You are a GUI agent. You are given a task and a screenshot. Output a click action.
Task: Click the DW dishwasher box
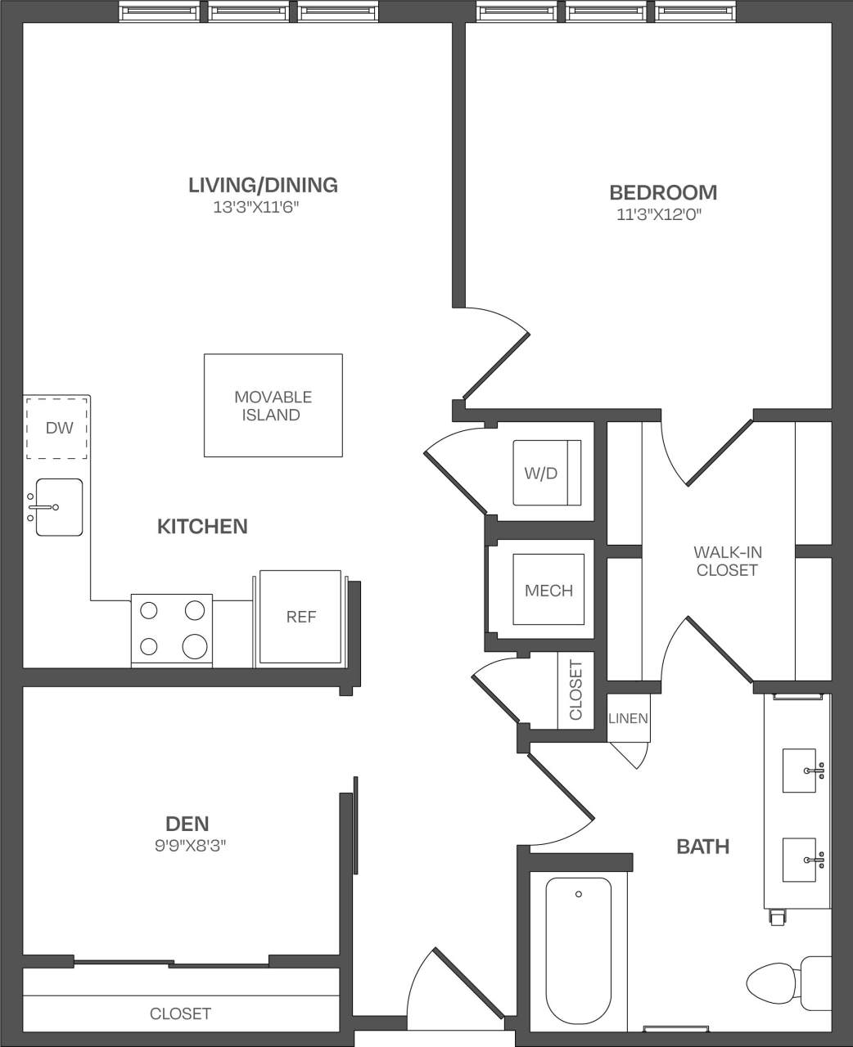click(58, 428)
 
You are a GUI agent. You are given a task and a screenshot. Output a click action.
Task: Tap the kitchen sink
click(58, 507)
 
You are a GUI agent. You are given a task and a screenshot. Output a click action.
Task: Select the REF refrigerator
click(300, 617)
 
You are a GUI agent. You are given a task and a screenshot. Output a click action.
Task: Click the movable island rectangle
click(273, 406)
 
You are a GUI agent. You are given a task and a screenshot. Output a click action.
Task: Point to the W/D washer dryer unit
click(546, 473)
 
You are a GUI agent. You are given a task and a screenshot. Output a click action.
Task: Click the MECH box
click(548, 590)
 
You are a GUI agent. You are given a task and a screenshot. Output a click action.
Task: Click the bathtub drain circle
click(579, 894)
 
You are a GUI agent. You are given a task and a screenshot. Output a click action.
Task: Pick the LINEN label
click(628, 719)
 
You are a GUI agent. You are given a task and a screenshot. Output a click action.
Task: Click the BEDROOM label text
click(663, 193)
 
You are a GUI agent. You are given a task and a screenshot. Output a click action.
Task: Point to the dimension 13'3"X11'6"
click(252, 208)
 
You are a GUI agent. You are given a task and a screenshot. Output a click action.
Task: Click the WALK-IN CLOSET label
click(727, 561)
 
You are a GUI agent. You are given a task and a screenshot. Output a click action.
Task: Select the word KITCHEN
click(202, 527)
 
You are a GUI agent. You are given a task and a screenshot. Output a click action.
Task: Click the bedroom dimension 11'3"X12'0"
click(661, 216)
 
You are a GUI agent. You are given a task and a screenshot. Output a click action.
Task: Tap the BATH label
click(702, 847)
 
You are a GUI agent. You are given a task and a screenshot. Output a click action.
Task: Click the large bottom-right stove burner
click(195, 646)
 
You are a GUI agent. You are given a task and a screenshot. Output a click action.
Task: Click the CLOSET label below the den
click(180, 1013)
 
